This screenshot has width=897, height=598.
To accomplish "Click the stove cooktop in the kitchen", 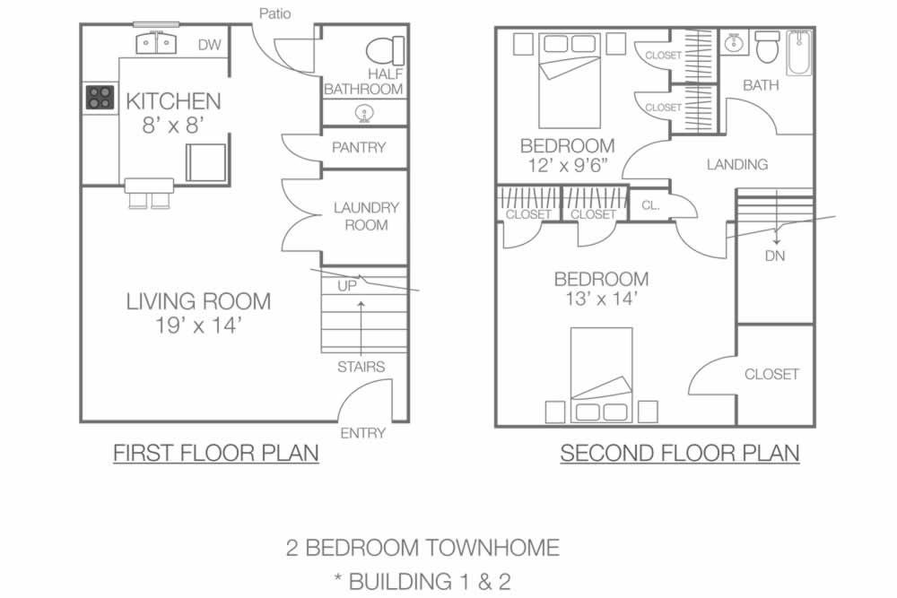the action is click(100, 97).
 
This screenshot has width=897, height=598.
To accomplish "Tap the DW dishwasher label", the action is click(209, 45).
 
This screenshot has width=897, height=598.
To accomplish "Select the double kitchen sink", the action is click(155, 43).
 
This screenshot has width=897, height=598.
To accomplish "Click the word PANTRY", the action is click(359, 148).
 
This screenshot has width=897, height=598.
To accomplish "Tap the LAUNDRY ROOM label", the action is click(366, 216).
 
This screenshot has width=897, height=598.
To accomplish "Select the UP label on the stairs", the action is click(347, 286).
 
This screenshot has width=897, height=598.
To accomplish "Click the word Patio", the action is click(275, 13).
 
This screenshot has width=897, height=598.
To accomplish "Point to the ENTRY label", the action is click(362, 433).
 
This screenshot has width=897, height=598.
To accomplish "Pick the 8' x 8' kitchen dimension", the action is click(173, 126).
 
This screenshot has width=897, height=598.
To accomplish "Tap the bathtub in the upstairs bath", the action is click(799, 53).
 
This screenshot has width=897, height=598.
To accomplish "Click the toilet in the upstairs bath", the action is click(767, 47).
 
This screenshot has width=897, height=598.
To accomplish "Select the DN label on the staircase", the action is click(775, 256).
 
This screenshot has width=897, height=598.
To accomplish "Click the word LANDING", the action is click(736, 165).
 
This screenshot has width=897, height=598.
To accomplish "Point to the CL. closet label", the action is click(650, 205).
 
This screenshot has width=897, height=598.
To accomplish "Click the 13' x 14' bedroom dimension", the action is click(601, 299).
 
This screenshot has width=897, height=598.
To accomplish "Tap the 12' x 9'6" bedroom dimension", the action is click(567, 166).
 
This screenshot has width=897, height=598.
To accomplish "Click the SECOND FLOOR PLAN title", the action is click(680, 453).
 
